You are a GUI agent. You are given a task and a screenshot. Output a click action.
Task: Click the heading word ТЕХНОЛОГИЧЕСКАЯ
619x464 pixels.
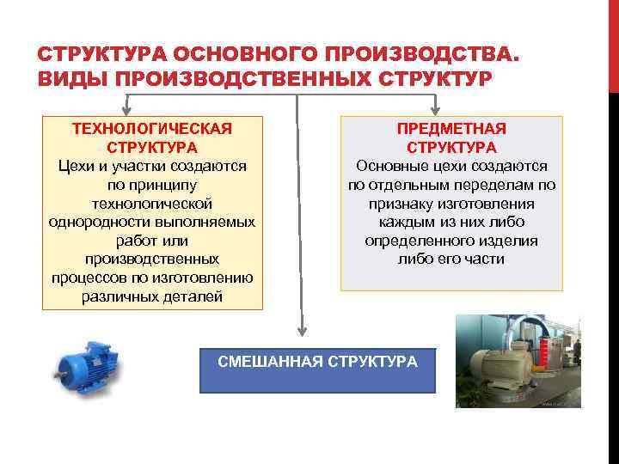click(152, 128)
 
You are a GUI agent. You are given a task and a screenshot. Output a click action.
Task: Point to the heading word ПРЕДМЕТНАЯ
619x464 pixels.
click(451, 128)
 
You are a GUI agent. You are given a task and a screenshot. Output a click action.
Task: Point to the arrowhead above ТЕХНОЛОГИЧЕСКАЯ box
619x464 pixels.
click(127, 110)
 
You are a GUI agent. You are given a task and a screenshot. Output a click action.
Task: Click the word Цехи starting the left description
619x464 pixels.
click(77, 166)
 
